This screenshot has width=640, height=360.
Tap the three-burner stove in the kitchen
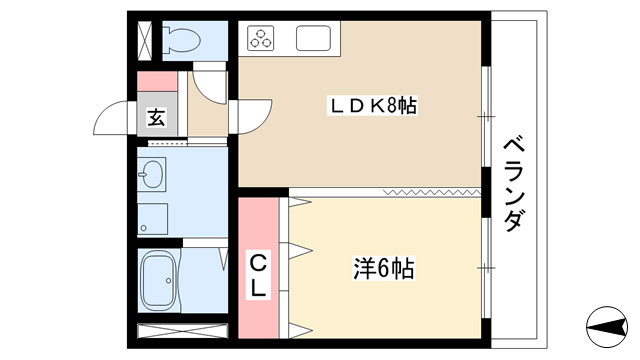[260, 38]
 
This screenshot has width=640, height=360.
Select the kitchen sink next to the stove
[313, 38]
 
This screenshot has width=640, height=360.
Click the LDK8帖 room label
[373, 106]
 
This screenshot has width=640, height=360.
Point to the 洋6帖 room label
[384, 269]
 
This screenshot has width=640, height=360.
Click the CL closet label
[258, 276]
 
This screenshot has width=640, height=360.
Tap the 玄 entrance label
[156, 118]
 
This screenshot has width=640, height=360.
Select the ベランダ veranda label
[513, 185]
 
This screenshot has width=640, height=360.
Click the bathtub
[158, 280]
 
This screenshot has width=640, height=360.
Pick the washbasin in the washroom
[152, 174]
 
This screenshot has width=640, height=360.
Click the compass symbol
[607, 327]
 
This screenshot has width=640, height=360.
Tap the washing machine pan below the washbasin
[152, 219]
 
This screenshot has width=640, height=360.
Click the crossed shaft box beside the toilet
[145, 40]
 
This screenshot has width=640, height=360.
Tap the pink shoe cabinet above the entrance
[157, 81]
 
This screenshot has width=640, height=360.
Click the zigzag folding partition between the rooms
[432, 192]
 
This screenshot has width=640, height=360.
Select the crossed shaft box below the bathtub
[182, 331]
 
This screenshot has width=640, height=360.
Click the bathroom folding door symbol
[223, 258]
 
